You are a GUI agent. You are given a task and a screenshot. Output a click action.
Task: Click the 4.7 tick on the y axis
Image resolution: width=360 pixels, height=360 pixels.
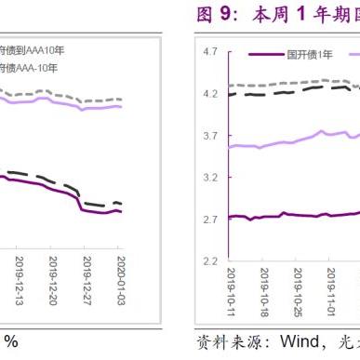click(210, 54)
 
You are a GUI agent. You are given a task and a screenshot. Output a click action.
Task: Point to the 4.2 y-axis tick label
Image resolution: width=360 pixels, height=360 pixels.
click(210, 95)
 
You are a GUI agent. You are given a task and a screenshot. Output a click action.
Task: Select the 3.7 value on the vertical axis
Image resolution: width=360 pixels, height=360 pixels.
click(210, 136)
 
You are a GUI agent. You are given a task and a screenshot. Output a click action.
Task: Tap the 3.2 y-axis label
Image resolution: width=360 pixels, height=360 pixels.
click(210, 177)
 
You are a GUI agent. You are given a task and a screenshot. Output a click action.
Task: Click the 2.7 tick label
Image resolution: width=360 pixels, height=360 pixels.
click(210, 220)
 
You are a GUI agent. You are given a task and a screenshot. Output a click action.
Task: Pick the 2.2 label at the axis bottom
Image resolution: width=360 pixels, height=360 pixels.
click(210, 260)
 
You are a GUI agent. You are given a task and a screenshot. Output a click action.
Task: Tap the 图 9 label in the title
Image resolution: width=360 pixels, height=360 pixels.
click(216, 16)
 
